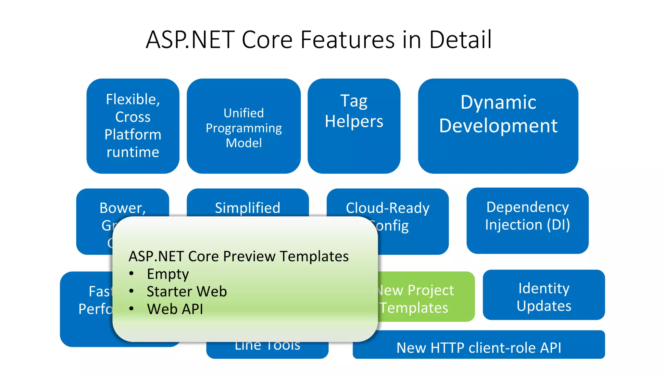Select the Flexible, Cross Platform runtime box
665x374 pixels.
click(x=133, y=126)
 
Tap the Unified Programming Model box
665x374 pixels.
click(x=244, y=128)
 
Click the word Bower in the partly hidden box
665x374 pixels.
click(x=122, y=208)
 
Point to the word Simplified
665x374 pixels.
click(x=247, y=208)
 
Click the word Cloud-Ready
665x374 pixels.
click(x=387, y=208)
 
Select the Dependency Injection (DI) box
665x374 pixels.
click(x=527, y=216)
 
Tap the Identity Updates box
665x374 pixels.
click(x=544, y=297)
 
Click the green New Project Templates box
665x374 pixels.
click(x=422, y=299)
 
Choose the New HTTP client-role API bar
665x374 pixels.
click(x=479, y=347)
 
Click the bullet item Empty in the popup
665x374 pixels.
click(x=168, y=274)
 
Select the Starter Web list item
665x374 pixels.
click(x=187, y=291)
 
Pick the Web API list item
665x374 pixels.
click(x=175, y=309)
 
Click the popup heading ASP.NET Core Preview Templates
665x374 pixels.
click(x=239, y=256)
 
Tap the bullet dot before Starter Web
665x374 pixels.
click(x=131, y=291)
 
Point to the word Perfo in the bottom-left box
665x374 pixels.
click(x=95, y=309)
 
